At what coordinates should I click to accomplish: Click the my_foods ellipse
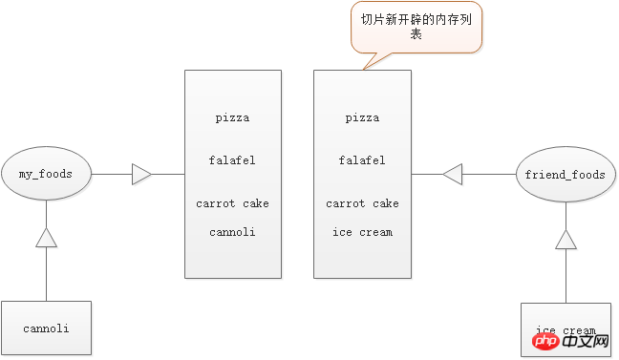pyautogui.click(x=46, y=174)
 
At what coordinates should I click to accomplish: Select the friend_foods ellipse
pyautogui.click(x=566, y=175)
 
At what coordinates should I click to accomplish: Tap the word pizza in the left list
pyautogui.click(x=232, y=118)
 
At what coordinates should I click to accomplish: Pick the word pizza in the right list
pyautogui.click(x=362, y=118)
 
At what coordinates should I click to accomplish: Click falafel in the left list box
pyautogui.click(x=232, y=160)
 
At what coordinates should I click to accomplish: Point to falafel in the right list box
pyautogui.click(x=362, y=160)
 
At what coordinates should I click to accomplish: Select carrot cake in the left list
pyautogui.click(x=232, y=203)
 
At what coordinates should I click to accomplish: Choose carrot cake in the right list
pyautogui.click(x=362, y=203)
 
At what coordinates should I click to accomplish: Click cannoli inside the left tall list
pyautogui.click(x=232, y=232)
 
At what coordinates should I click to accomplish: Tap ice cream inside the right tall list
pyautogui.click(x=362, y=232)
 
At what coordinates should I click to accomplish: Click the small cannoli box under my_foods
pyautogui.click(x=46, y=328)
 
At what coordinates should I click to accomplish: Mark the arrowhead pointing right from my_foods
pyautogui.click(x=141, y=175)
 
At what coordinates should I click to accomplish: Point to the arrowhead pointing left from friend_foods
pyautogui.click(x=452, y=175)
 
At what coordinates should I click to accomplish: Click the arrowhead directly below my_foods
pyautogui.click(x=46, y=239)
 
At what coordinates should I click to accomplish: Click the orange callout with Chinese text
pyautogui.click(x=416, y=27)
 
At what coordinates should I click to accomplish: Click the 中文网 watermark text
pyautogui.click(x=579, y=341)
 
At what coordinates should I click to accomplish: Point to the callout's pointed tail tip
pyautogui.click(x=364, y=68)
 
